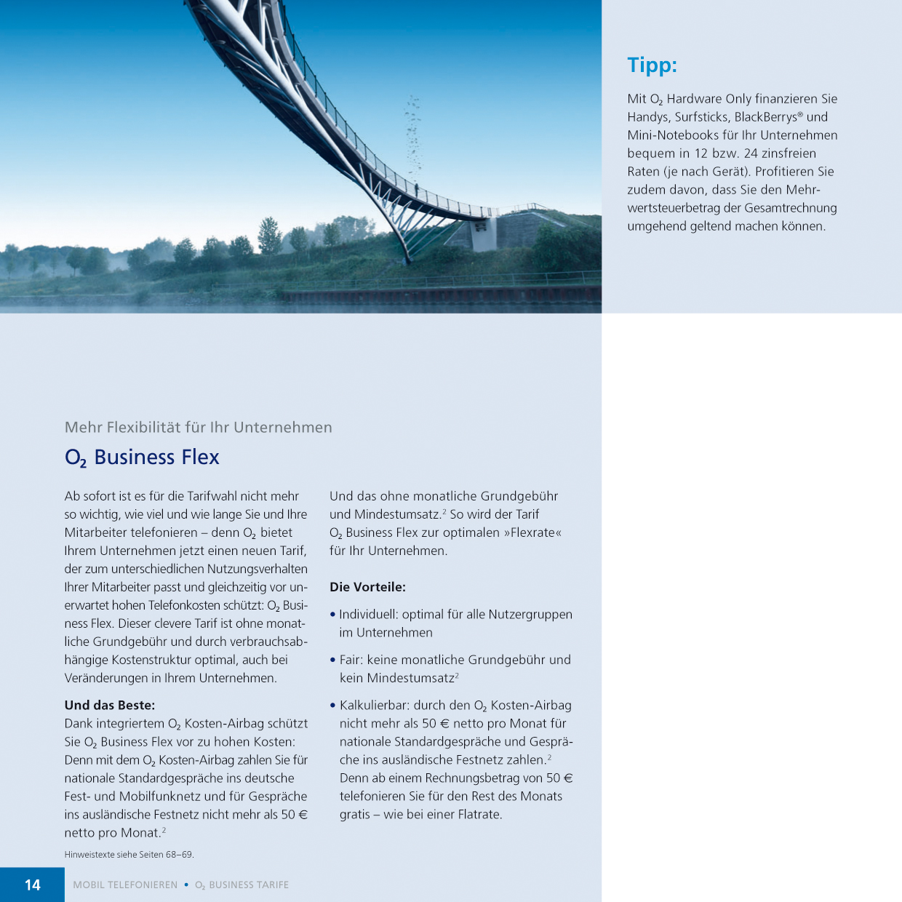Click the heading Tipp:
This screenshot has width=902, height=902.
tap(652, 65)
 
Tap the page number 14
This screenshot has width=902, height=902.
tap(33, 885)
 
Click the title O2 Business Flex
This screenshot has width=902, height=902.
tap(142, 458)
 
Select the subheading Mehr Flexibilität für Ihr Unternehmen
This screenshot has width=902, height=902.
tap(198, 428)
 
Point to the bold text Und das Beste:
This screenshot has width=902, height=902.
tap(109, 705)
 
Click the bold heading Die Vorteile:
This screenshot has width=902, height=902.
tap(367, 587)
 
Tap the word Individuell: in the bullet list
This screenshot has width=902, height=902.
tap(368, 615)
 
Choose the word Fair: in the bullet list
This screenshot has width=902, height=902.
tap(351, 660)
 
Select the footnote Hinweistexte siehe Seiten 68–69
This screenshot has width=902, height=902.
tap(129, 855)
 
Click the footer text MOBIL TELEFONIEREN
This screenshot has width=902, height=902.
tap(125, 885)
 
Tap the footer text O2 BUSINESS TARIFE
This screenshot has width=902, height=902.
tap(242, 885)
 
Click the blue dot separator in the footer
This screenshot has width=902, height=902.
tap(186, 885)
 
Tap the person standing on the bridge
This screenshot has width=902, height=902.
tap(416, 188)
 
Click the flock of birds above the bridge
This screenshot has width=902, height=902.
tap(413, 131)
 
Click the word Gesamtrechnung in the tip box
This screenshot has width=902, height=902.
tap(791, 208)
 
